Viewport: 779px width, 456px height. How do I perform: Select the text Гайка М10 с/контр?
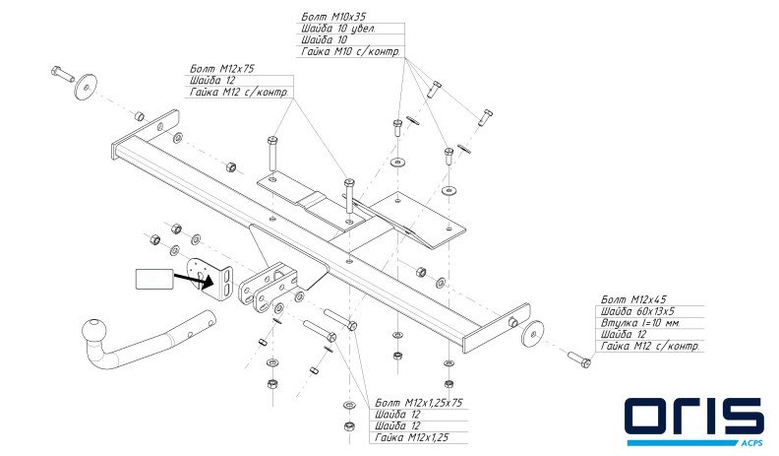click(x=349, y=51)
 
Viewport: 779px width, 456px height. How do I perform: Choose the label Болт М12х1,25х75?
click(x=419, y=403)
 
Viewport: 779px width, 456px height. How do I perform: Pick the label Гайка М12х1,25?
click(x=412, y=438)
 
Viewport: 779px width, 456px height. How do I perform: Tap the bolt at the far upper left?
click(x=60, y=72)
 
